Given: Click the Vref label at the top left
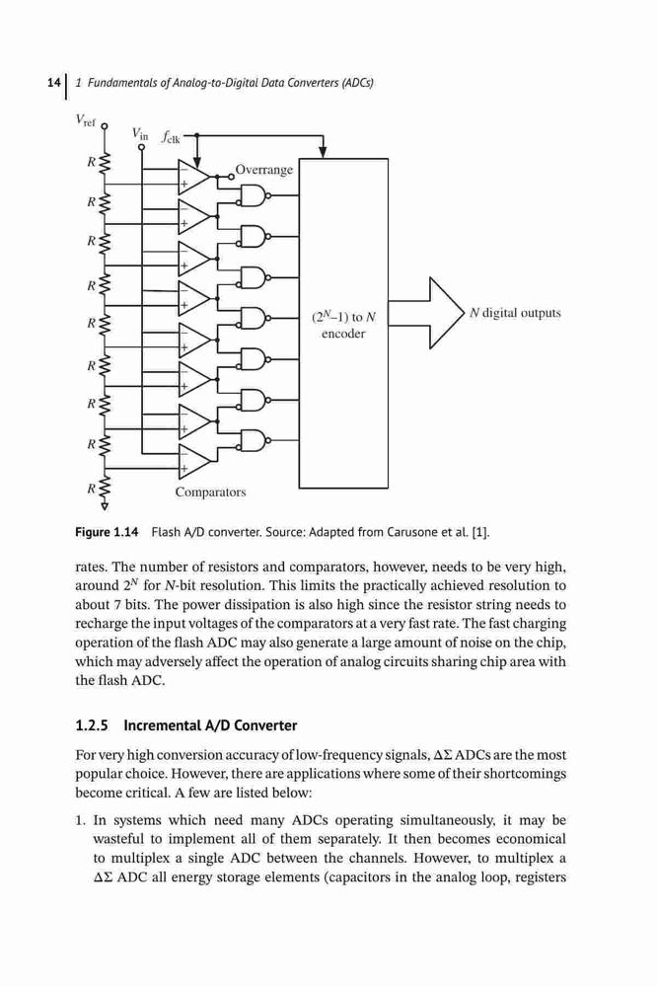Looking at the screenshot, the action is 85,120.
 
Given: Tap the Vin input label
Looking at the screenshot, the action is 140,134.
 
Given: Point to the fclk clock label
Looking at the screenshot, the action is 171,136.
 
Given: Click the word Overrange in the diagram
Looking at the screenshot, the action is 264,170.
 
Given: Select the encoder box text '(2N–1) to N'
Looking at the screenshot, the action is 343,317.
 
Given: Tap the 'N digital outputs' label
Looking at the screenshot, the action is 515,313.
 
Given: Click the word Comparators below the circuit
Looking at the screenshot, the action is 210,493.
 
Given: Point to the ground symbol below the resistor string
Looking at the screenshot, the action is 105,504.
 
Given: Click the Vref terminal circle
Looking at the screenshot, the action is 105,126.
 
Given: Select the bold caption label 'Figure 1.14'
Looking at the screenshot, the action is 107,533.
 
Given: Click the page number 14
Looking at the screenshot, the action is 54,83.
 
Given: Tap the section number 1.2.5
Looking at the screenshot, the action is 92,725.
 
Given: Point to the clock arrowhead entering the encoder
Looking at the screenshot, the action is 324,152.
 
